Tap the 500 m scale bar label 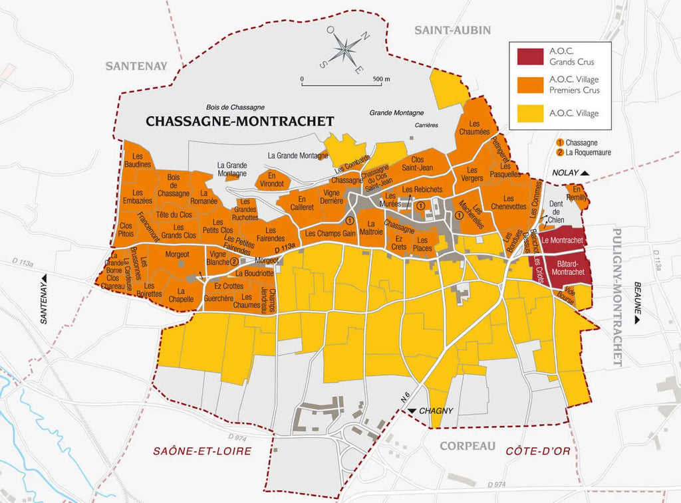[x=382, y=79]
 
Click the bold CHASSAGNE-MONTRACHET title [x=239, y=121]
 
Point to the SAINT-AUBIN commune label [x=452, y=30]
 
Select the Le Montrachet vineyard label [x=562, y=239]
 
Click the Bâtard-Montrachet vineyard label [x=568, y=268]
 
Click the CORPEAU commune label [x=468, y=446]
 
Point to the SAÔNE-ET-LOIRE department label [x=203, y=451]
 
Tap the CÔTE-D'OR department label [x=538, y=451]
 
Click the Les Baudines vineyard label [x=137, y=160]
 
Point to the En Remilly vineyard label [x=576, y=193]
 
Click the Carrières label [x=426, y=125]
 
